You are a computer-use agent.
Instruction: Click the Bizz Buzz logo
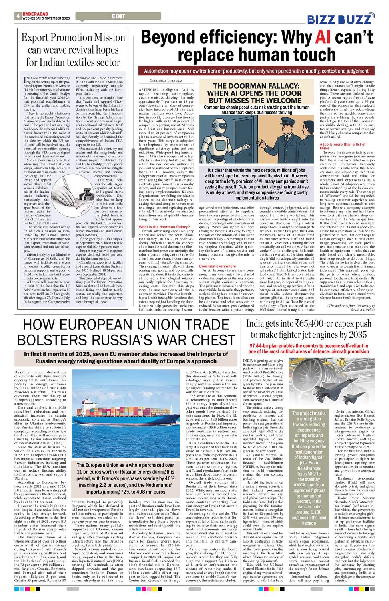tap(341, 19)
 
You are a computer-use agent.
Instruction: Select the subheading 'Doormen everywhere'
tap(217, 266)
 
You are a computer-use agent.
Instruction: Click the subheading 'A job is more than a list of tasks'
tap(342, 146)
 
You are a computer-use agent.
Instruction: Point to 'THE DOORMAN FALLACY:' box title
tap(256, 86)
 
